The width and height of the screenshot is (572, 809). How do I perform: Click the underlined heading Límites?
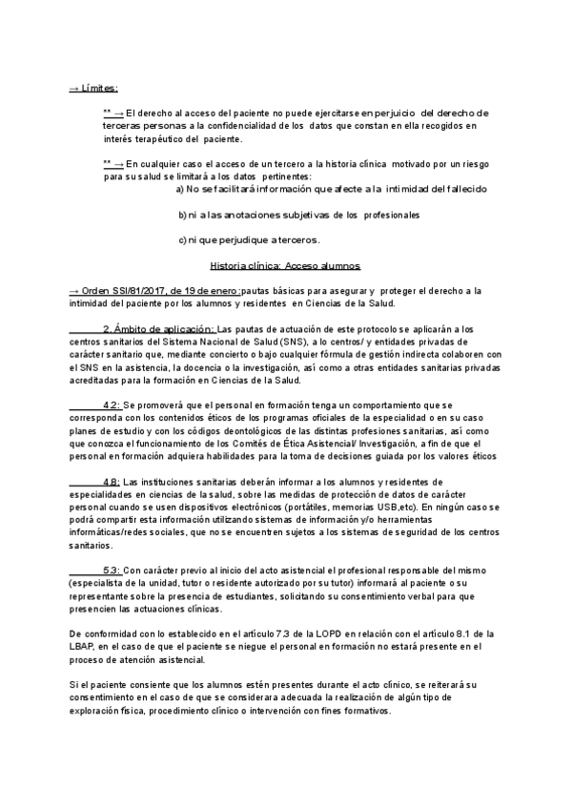pos(98,88)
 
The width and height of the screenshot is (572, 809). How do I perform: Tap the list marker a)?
pos(182,189)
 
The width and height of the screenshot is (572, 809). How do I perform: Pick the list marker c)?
pos(182,239)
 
